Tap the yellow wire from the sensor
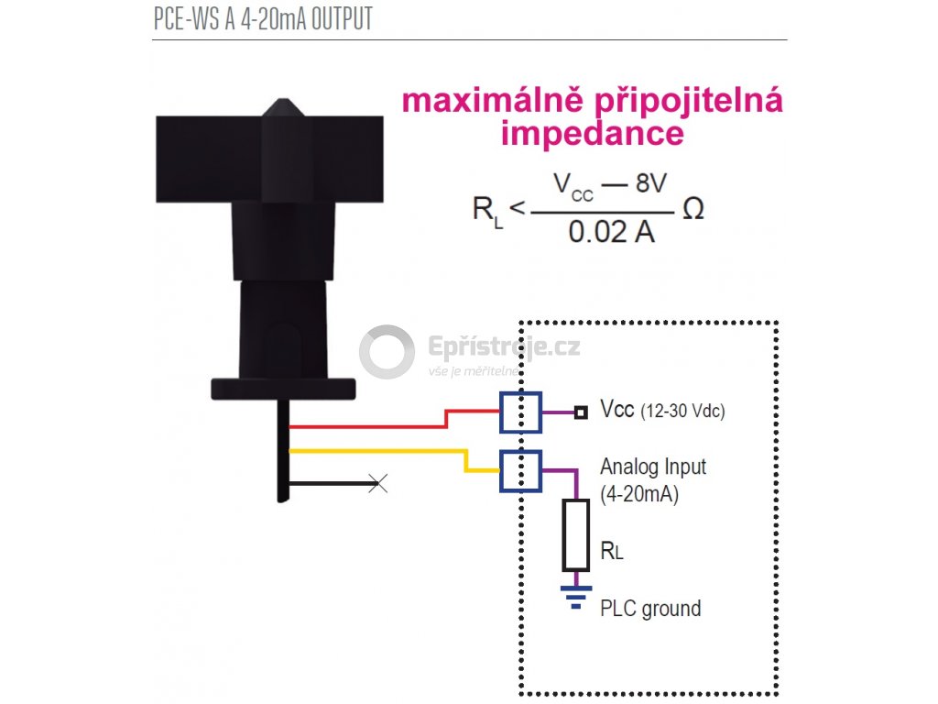[376, 450]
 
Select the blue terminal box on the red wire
[520, 412]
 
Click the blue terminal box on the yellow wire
[520, 471]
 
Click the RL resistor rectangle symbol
[575, 534]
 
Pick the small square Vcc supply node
[580, 412]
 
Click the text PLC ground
[650, 609]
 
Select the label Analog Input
[653, 467]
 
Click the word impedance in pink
[592, 134]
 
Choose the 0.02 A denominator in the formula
[611, 232]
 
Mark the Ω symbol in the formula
[693, 210]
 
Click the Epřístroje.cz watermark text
[504, 347]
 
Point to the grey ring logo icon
[387, 352]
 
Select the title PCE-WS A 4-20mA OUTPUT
[264, 20]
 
